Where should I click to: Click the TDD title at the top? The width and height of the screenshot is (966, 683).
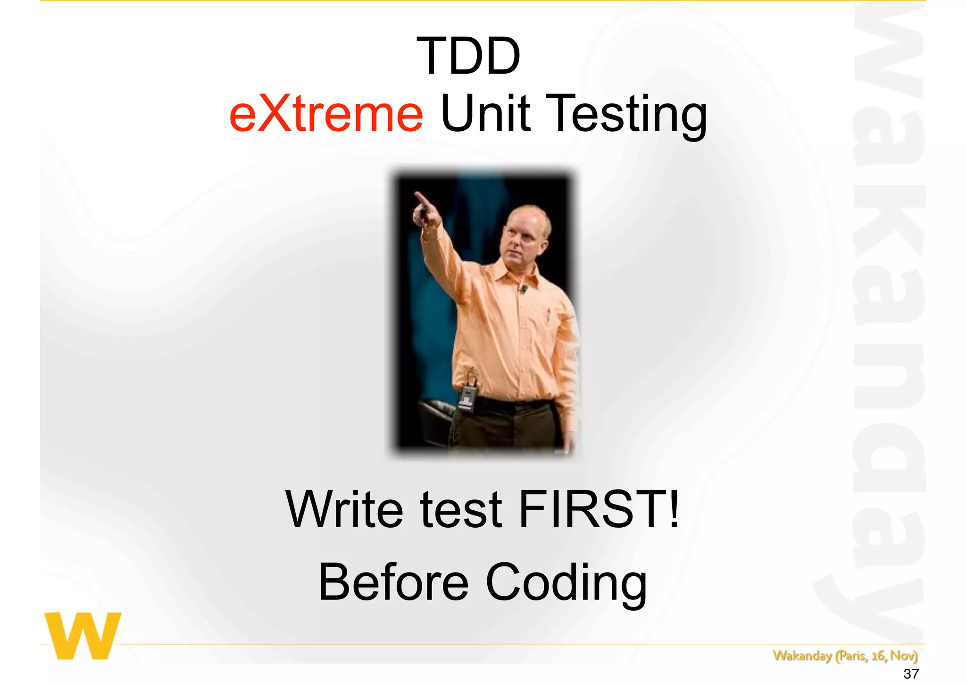click(x=468, y=57)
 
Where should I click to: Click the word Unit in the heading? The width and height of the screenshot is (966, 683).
click(x=485, y=113)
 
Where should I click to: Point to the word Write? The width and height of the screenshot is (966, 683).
click(x=344, y=510)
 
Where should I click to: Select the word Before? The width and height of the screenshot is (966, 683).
click(x=394, y=582)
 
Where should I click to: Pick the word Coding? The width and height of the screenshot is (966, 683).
click(x=566, y=584)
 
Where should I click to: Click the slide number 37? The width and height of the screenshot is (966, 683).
click(x=911, y=674)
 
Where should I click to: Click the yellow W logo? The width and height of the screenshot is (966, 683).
click(x=83, y=635)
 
